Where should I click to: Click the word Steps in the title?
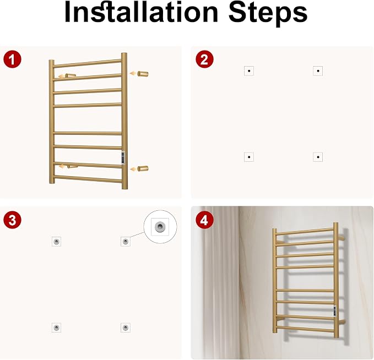[x=268, y=13]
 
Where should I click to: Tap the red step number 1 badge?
[x=13, y=59]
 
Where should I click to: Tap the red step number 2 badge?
[x=204, y=59]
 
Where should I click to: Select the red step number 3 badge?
[x=13, y=220]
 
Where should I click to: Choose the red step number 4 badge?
[x=204, y=220]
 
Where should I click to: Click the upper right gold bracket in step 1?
[x=143, y=74]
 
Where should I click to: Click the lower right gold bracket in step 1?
[x=143, y=168]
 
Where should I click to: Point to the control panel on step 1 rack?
[x=123, y=158]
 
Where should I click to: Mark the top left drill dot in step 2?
[x=249, y=71]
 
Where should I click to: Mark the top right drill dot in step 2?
[x=318, y=71]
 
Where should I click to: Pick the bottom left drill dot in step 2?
[x=249, y=157]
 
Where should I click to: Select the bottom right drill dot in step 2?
[x=318, y=157]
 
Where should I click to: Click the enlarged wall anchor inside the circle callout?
[x=160, y=226]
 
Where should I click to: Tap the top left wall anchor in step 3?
[x=56, y=242]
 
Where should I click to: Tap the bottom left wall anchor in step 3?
[x=56, y=328]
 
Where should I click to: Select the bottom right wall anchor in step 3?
[x=125, y=328]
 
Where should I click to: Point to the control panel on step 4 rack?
[x=335, y=311]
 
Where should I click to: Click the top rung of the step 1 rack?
[x=87, y=63]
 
